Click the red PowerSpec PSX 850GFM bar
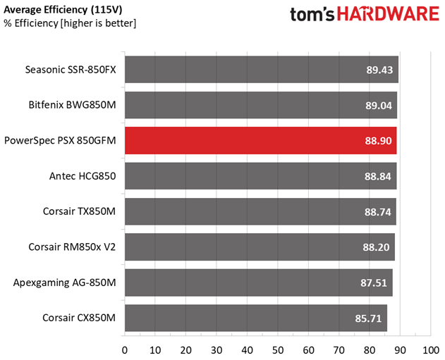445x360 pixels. pyautogui.click(x=261, y=140)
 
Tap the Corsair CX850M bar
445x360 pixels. pyautogui.click(x=255, y=318)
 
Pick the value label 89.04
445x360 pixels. pyautogui.click(x=379, y=105)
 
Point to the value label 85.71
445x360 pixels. pyautogui.click(x=369, y=318)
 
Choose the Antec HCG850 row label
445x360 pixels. pyautogui.click(x=83, y=176)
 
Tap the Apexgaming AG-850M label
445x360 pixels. pyautogui.click(x=65, y=283)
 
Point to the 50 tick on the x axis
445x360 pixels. pyautogui.click(x=278, y=349)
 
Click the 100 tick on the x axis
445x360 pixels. pyautogui.click(x=430, y=349)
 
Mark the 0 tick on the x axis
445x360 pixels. pyautogui.click(x=125, y=349)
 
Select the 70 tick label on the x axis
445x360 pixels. pyautogui.click(x=339, y=349)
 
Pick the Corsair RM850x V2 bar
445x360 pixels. pyautogui.click(x=260, y=247)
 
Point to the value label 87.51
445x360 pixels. pyautogui.click(x=374, y=283)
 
